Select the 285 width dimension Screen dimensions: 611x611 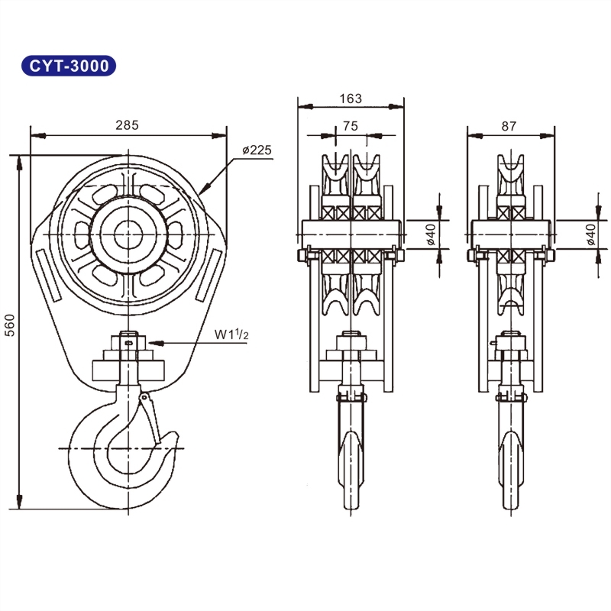127,125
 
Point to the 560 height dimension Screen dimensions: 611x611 10,326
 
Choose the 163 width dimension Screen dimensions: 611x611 350,99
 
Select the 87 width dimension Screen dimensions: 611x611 510,126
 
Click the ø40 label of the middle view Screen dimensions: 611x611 432,237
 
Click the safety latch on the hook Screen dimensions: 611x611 151,416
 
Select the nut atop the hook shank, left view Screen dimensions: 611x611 128,341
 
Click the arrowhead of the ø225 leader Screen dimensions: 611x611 200,191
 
